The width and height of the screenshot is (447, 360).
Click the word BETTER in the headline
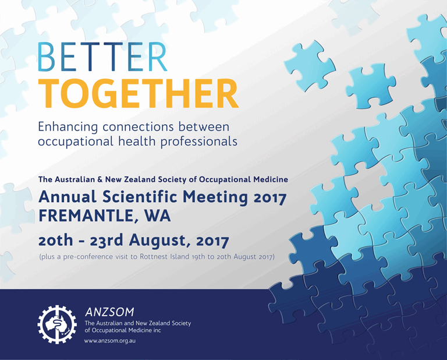pyautogui.click(x=102, y=57)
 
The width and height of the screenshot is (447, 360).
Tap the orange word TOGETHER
pyautogui.click(x=139, y=93)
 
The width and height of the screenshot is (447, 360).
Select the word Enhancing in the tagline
pyautogui.click(x=68, y=127)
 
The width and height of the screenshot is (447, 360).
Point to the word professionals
pyautogui.click(x=198, y=142)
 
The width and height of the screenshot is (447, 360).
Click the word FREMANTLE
pyautogui.click(x=88, y=216)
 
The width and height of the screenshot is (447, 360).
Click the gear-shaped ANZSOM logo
pyautogui.click(x=57, y=324)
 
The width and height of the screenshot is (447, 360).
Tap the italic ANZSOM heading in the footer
pyautogui.click(x=109, y=312)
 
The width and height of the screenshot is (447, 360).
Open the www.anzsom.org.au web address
pyautogui.click(x=110, y=341)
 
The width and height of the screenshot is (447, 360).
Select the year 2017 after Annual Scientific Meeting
pyautogui.click(x=269, y=197)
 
